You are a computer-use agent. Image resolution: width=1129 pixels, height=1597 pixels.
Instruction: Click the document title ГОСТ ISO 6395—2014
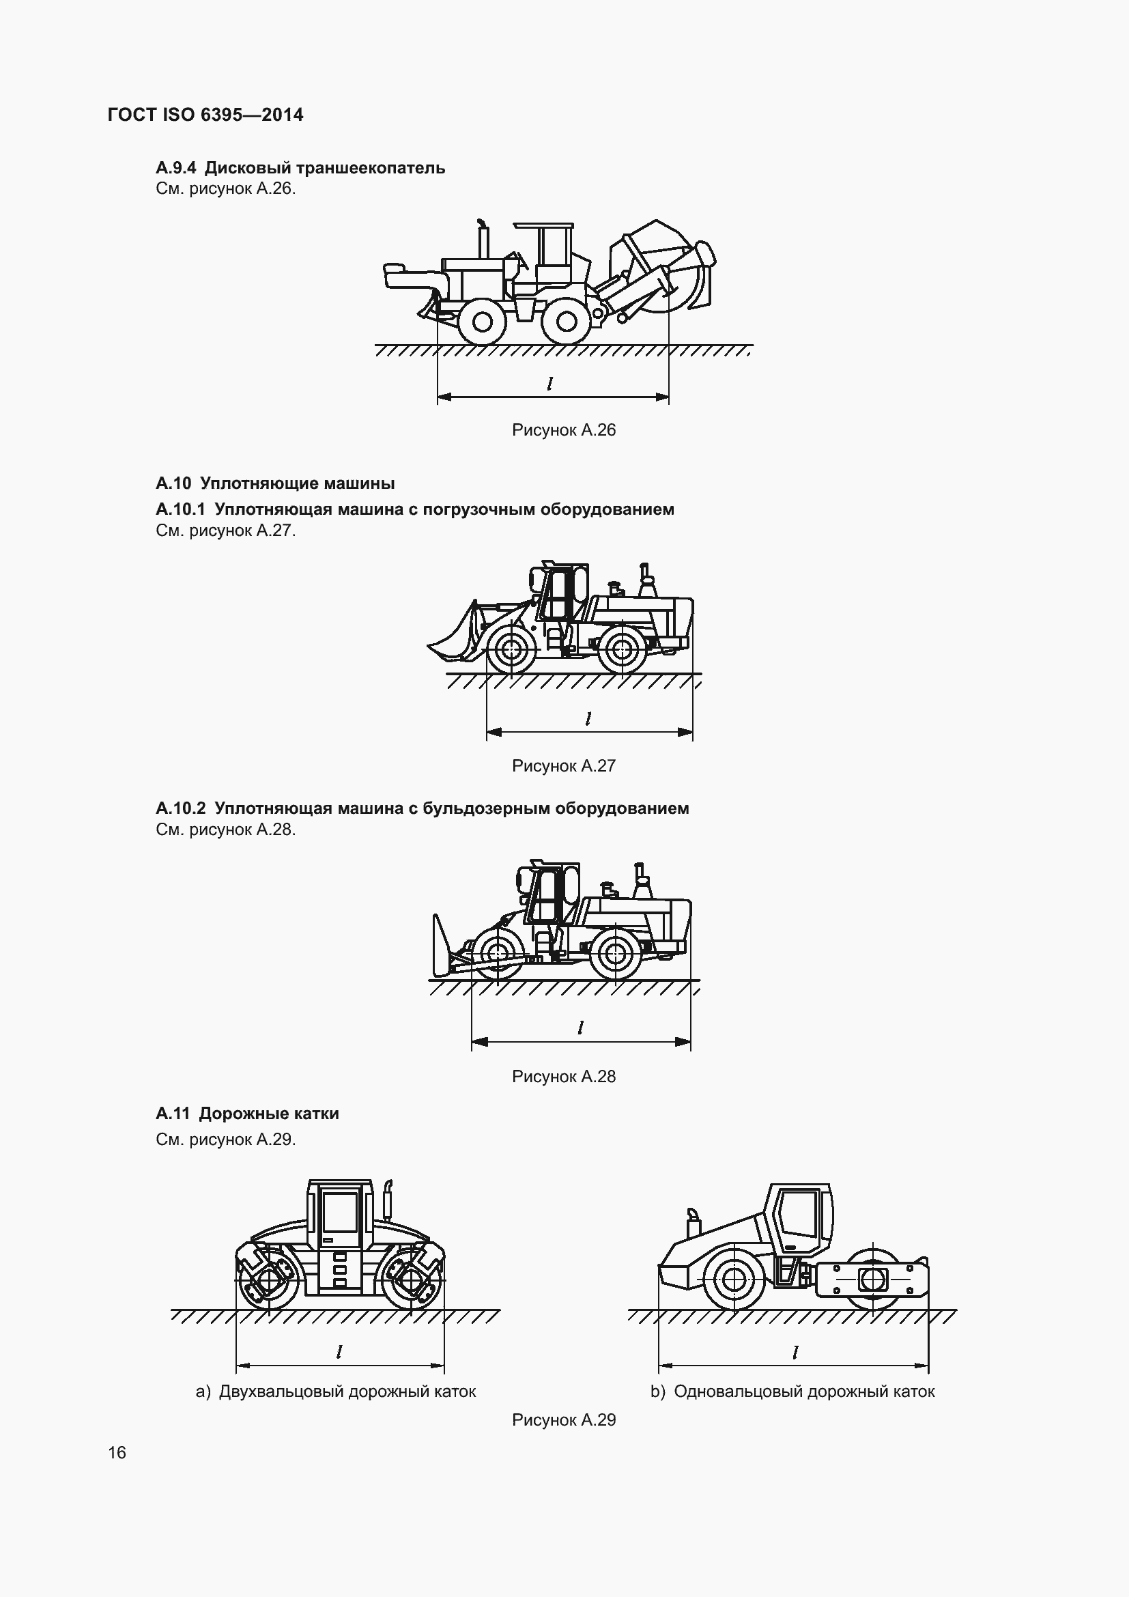[x=205, y=115]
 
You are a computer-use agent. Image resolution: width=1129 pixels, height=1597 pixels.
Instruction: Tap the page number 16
[x=117, y=1452]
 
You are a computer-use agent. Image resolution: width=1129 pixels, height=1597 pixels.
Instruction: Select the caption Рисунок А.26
[x=564, y=430]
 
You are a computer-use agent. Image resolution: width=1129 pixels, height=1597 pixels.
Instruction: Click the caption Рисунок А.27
[x=564, y=766]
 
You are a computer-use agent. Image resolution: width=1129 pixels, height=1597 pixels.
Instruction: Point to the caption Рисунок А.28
[x=564, y=1077]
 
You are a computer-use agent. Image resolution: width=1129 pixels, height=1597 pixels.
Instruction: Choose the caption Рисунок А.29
[x=564, y=1419]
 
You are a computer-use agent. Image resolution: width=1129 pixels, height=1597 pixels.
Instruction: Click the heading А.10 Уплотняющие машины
[x=275, y=483]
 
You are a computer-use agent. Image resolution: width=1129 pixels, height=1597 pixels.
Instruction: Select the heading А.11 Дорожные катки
[x=248, y=1114]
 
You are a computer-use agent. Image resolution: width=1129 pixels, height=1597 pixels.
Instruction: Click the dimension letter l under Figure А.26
[x=550, y=383]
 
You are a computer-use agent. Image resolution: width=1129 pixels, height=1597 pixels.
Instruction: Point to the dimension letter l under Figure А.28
[x=580, y=1028]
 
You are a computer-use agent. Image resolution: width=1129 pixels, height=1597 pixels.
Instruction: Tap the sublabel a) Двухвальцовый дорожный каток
[x=336, y=1391]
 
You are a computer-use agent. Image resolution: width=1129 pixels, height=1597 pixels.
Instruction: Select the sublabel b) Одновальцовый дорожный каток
[x=792, y=1391]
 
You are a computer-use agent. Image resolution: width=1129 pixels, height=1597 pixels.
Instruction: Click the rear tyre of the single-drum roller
[x=734, y=1278]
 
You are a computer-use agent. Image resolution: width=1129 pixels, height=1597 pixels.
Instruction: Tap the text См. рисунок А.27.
[x=225, y=531]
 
